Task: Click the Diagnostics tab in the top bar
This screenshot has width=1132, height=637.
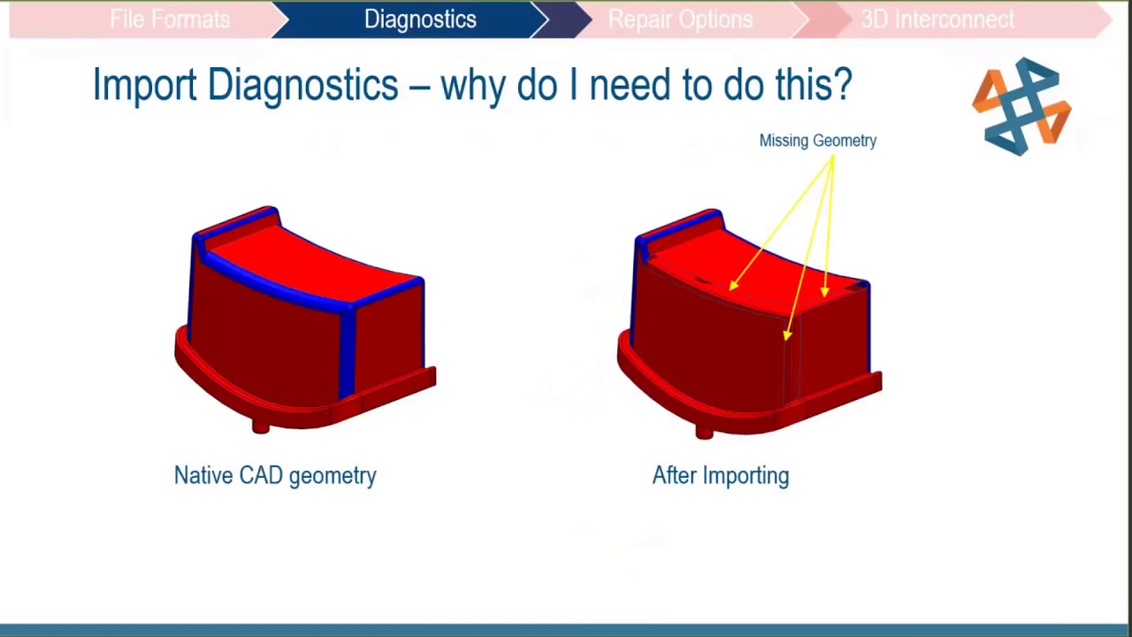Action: pyautogui.click(x=420, y=19)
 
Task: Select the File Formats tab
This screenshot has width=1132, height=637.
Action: pyautogui.click(x=170, y=19)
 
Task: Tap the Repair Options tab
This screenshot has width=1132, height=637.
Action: pyautogui.click(x=680, y=19)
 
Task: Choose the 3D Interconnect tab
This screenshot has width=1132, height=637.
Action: pyautogui.click(x=937, y=19)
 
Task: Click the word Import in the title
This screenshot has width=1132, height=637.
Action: pyautogui.click(x=145, y=86)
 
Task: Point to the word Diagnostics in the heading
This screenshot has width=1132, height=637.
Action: pyautogui.click(x=302, y=86)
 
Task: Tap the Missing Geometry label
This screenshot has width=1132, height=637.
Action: pyautogui.click(x=817, y=141)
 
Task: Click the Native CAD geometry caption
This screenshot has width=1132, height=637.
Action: pyautogui.click(x=275, y=475)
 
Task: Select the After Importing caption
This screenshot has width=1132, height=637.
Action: pyautogui.click(x=720, y=475)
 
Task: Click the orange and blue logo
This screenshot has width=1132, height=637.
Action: pyautogui.click(x=1021, y=107)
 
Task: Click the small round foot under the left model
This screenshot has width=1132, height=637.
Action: pyautogui.click(x=260, y=427)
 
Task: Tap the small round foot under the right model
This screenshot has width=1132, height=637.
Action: pyautogui.click(x=704, y=432)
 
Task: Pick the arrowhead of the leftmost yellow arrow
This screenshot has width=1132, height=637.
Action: pyautogui.click(x=733, y=285)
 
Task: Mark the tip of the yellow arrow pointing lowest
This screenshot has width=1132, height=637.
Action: pyautogui.click(x=787, y=336)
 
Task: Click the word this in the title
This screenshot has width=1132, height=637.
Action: pyautogui.click(x=807, y=85)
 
